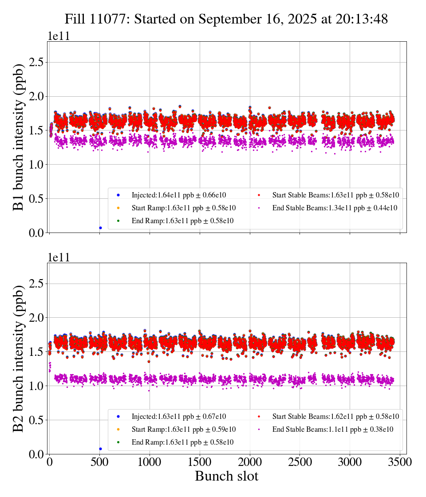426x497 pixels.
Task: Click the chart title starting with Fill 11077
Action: [x=226, y=19]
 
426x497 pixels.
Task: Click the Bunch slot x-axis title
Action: [x=226, y=476]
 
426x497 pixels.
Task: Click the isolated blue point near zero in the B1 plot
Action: [x=100, y=228]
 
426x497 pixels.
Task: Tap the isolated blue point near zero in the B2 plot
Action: [x=100, y=449]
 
